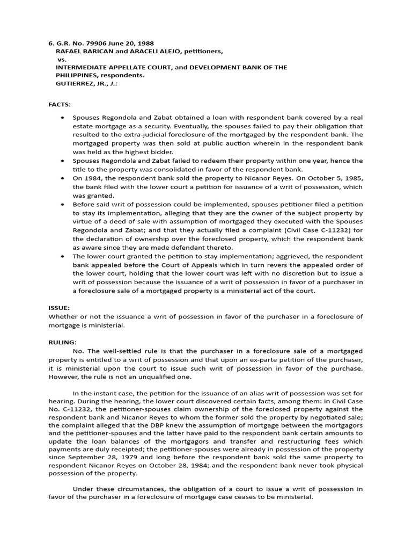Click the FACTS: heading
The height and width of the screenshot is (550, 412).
coord(60,103)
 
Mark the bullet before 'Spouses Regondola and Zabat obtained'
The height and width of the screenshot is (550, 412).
coord(63,118)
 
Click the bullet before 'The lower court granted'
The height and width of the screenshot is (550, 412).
coord(63,257)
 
